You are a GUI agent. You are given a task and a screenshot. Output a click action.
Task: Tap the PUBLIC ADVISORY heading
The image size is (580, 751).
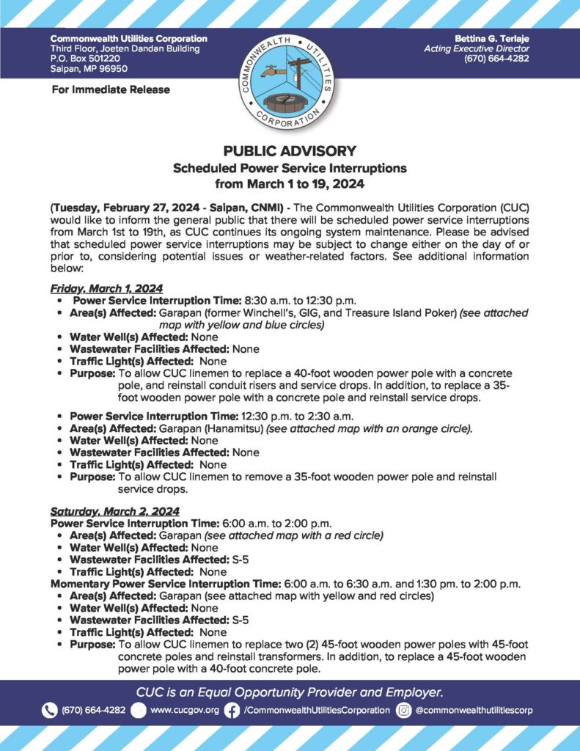coord(290,151)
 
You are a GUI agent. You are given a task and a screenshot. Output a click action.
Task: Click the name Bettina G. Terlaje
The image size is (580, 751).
coord(486,38)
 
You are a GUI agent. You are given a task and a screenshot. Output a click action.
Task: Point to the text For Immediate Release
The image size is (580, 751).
coord(111,89)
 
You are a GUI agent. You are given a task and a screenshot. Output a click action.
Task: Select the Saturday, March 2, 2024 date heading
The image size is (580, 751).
coord(114,510)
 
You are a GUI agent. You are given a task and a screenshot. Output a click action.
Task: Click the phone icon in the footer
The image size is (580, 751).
coord(49,710)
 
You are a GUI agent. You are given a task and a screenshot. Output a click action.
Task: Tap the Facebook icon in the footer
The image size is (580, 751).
coord(232,710)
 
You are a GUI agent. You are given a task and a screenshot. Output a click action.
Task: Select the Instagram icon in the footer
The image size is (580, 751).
coord(403,710)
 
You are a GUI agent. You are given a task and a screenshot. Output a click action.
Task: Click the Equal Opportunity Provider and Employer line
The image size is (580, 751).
coord(290,692)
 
